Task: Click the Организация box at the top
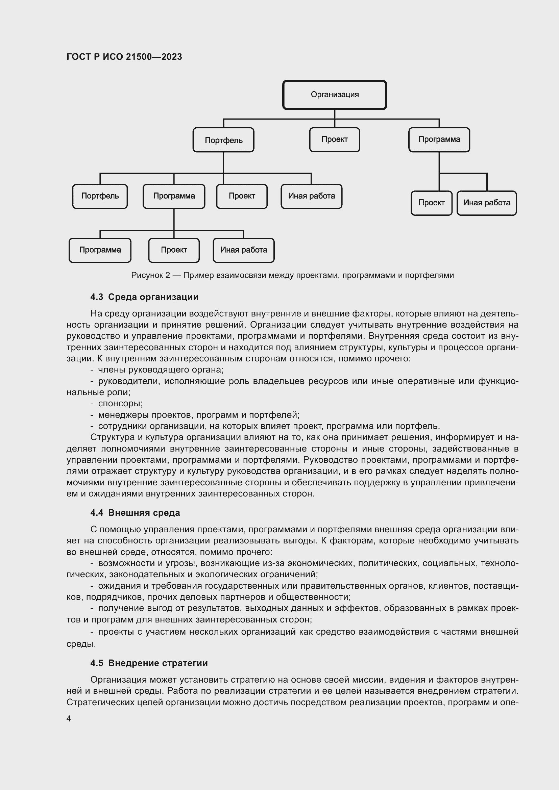(x=335, y=95)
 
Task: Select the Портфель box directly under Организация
(x=223, y=140)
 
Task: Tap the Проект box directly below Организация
(x=334, y=139)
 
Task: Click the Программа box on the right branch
(x=439, y=139)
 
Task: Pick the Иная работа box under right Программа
(x=486, y=203)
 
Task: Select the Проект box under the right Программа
(x=431, y=203)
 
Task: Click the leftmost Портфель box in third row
(x=100, y=196)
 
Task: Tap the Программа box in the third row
(x=174, y=196)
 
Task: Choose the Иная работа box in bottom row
(x=243, y=250)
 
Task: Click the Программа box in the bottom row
(x=100, y=250)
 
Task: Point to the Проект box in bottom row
(x=174, y=250)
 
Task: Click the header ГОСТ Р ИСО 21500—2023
(x=124, y=57)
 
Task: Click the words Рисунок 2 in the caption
(x=150, y=275)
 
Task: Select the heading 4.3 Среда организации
(x=144, y=297)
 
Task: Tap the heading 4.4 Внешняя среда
(x=135, y=513)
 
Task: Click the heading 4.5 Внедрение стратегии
(x=149, y=663)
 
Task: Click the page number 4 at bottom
(x=69, y=719)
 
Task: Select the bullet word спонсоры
(x=120, y=403)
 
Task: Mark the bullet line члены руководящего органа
(x=161, y=370)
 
